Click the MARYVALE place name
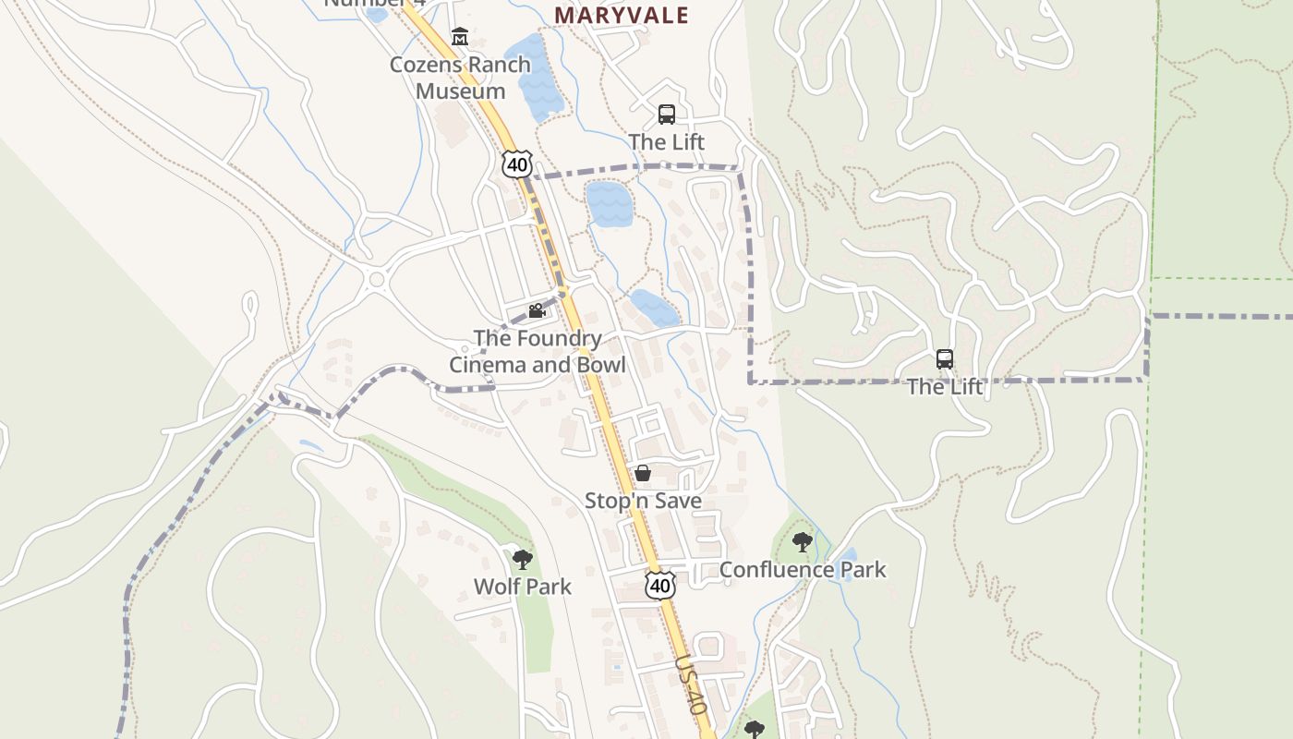[x=622, y=15]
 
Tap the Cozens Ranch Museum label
[x=460, y=78]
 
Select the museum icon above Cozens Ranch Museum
[x=460, y=37]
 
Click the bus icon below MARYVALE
[x=667, y=115]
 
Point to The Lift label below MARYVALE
[x=667, y=142]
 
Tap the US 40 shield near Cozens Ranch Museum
[x=517, y=164]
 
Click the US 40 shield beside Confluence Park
[x=660, y=585]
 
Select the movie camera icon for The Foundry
[x=537, y=311]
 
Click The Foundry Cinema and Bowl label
[x=538, y=352]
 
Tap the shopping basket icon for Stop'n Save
[x=643, y=473]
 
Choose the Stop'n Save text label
[x=643, y=501]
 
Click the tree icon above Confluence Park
[x=802, y=542]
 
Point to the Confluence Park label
[x=802, y=570]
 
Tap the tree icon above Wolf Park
[x=523, y=559]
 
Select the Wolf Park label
[x=523, y=587]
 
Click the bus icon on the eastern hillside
[x=944, y=359]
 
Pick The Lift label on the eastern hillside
[x=945, y=387]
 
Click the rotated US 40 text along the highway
[x=691, y=684]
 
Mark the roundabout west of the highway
[x=376, y=279]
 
